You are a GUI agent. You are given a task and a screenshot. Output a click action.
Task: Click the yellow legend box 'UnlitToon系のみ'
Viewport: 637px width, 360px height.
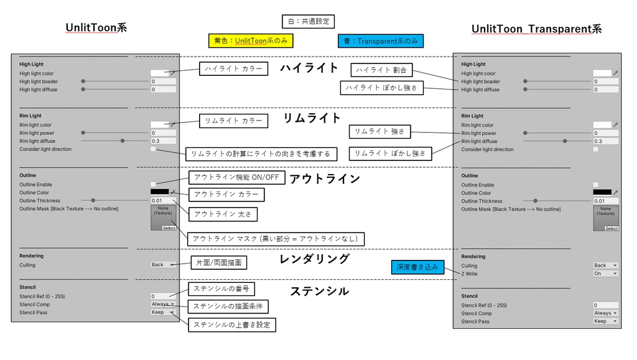pyautogui.click(x=251, y=41)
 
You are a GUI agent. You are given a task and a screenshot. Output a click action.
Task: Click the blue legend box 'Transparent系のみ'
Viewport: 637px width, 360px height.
pyautogui.click(x=381, y=41)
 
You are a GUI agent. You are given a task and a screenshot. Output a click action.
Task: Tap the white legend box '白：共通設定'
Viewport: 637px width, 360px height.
pyautogui.click(x=308, y=21)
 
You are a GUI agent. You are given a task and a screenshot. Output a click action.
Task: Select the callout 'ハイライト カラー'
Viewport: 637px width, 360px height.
pyautogui.click(x=234, y=69)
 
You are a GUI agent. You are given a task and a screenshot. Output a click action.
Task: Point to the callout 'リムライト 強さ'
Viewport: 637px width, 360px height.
pyautogui.click(x=380, y=132)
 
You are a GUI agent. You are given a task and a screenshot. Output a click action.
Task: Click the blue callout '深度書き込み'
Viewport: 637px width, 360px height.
pyautogui.click(x=417, y=267)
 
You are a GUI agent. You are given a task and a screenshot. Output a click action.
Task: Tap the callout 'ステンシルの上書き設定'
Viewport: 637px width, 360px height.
pyautogui.click(x=231, y=325)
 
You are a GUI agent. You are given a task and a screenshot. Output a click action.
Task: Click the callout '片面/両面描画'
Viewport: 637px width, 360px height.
pyautogui.click(x=218, y=263)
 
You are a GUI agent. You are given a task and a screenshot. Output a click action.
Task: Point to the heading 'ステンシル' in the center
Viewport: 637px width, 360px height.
pyautogui.click(x=319, y=291)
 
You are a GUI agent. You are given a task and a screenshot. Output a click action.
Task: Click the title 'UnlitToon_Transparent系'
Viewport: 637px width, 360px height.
pyautogui.click(x=536, y=29)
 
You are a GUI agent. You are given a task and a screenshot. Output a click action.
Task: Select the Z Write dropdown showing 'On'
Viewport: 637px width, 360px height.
pyautogui.click(x=605, y=274)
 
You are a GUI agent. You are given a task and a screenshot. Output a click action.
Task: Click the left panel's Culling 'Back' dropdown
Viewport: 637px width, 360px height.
pyautogui.click(x=163, y=265)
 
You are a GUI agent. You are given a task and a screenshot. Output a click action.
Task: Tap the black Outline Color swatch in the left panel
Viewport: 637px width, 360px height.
pyautogui.click(x=159, y=193)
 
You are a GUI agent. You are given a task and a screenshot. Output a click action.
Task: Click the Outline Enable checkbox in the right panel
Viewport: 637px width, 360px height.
pyautogui.click(x=595, y=185)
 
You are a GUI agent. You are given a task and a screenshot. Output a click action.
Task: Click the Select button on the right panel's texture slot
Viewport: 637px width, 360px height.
pyautogui.click(x=611, y=228)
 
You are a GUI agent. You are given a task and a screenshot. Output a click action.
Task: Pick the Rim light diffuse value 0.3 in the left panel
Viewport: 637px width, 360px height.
pyautogui.click(x=164, y=141)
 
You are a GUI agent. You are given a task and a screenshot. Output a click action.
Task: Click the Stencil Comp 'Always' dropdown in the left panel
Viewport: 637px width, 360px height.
pyautogui.click(x=163, y=304)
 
